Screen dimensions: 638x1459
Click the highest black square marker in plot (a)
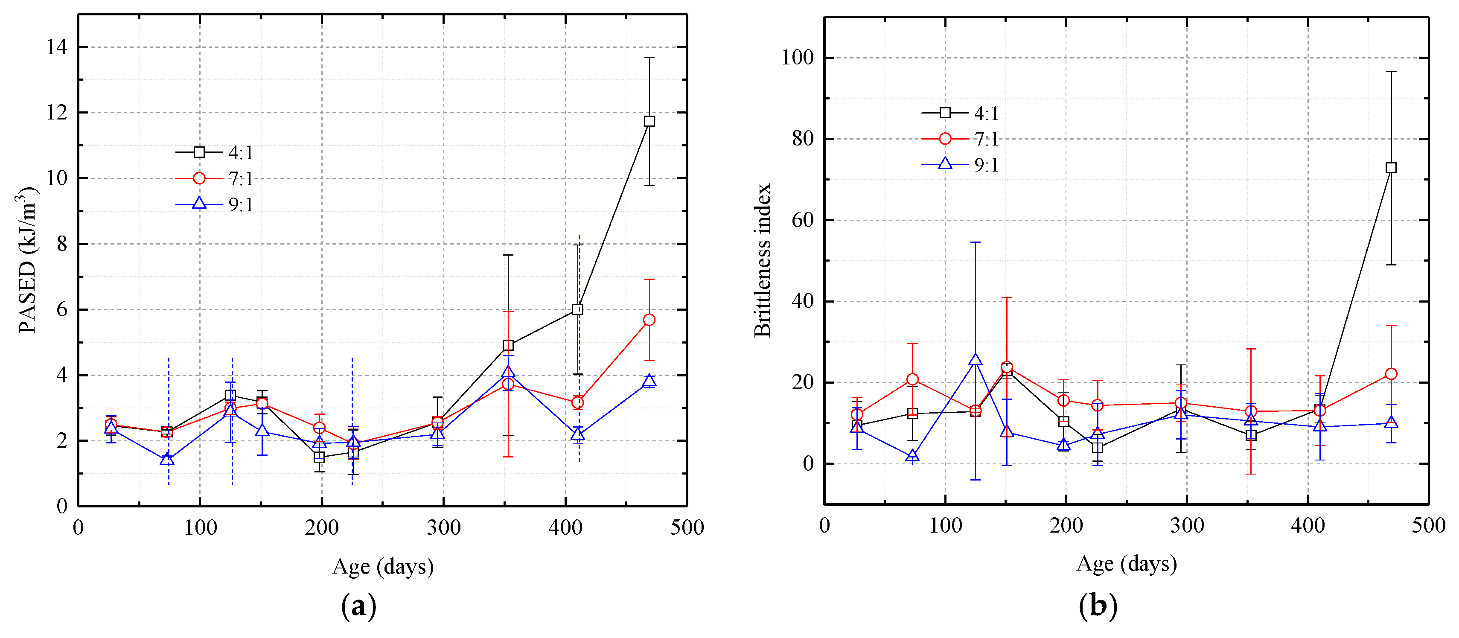(649, 121)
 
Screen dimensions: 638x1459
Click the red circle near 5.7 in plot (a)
(649, 320)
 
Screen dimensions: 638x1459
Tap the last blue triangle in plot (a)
(649, 381)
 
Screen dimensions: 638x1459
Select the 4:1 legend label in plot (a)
(241, 152)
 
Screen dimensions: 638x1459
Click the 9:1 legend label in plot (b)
(986, 165)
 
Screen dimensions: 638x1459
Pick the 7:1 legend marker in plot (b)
(945, 139)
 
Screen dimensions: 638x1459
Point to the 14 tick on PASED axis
(57, 47)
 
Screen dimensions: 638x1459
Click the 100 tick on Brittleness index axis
(798, 57)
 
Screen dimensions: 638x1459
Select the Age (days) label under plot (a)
(383, 567)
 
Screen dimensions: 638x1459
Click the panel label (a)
(358, 606)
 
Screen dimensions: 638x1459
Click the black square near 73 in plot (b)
(1390, 168)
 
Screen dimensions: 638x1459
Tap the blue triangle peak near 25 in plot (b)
(975, 359)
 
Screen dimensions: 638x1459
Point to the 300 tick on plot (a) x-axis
(443, 528)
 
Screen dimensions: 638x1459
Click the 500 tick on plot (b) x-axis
(1428, 525)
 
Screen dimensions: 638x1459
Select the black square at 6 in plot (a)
(577, 309)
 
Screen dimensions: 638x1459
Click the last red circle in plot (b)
(1390, 374)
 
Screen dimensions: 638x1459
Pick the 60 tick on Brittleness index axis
(803, 220)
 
